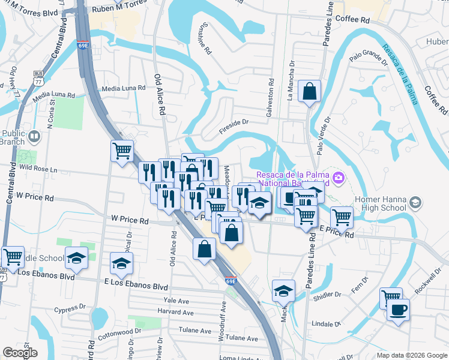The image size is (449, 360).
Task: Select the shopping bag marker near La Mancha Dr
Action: (310, 93)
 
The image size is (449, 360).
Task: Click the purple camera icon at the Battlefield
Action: (339, 177)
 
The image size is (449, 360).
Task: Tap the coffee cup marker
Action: (397, 311)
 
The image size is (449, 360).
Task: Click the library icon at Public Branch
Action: (34, 137)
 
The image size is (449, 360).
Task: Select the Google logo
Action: (20, 353)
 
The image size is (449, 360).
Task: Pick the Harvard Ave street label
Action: (175, 313)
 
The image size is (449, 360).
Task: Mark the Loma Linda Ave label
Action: (237, 358)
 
